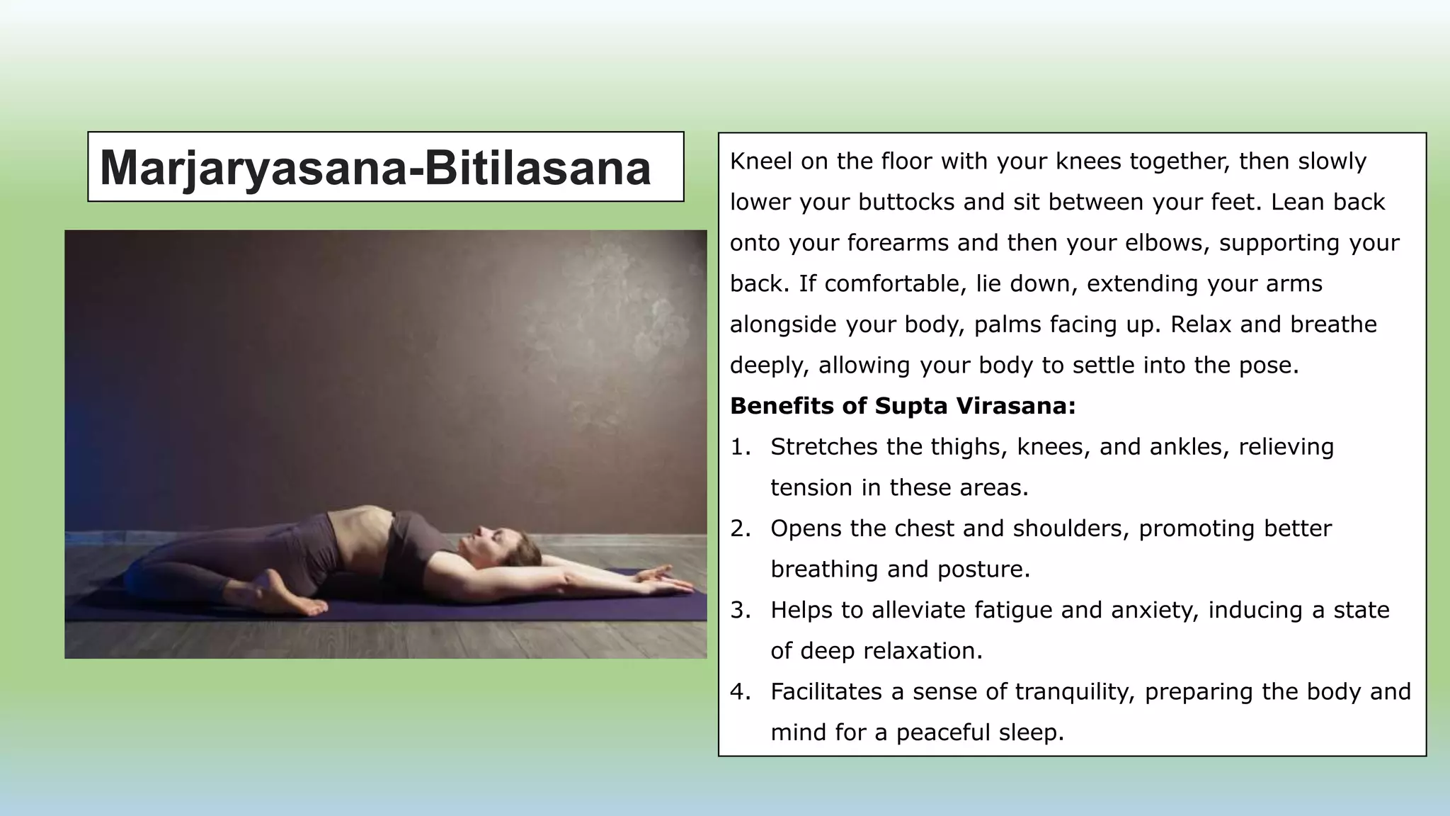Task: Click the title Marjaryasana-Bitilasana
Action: [375, 168]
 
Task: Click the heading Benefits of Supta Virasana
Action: [903, 406]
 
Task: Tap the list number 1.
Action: [740, 447]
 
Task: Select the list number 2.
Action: [740, 528]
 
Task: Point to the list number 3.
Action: [740, 610]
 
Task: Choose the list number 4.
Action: [740, 691]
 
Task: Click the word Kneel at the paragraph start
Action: [761, 161]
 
